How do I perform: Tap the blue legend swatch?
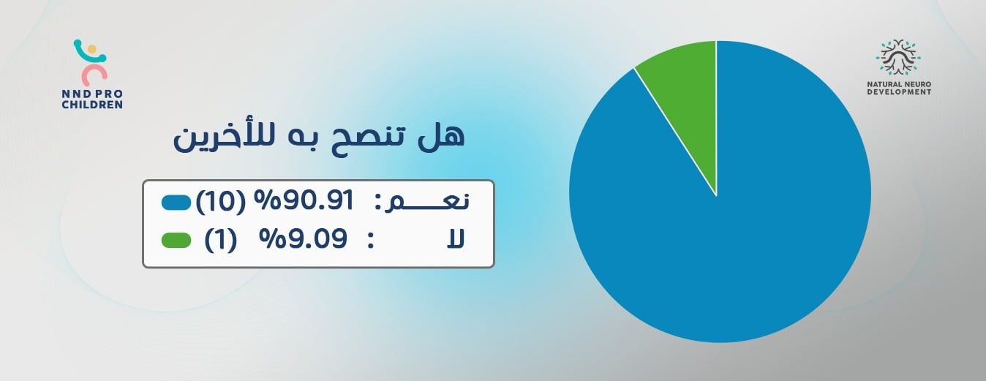[176, 203]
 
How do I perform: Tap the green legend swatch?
[176, 241]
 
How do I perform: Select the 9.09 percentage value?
[304, 239]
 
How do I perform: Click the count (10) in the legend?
[220, 203]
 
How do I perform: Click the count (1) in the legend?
[220, 240]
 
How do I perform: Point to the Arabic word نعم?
[427, 202]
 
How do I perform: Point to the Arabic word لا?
[456, 240]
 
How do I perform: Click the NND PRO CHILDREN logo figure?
[91, 62]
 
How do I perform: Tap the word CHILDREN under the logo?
[92, 105]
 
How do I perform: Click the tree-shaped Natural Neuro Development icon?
[898, 57]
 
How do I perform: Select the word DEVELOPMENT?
[899, 92]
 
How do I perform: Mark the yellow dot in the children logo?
[91, 49]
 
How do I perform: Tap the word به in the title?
[300, 140]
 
